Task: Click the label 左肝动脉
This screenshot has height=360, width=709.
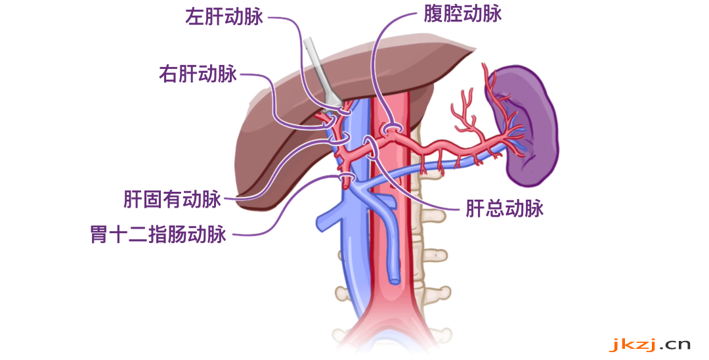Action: click(225, 16)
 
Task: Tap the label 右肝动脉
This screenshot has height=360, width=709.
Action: click(198, 74)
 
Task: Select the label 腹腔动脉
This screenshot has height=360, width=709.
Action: click(463, 14)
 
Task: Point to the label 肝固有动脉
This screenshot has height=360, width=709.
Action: click(172, 199)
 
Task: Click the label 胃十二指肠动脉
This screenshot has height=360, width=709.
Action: click(158, 235)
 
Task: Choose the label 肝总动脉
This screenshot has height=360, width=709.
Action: click(505, 208)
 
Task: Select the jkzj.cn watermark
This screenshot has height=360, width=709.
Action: click(650, 345)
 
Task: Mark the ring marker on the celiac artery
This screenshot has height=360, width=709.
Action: click(391, 129)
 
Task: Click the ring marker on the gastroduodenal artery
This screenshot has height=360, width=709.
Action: click(347, 177)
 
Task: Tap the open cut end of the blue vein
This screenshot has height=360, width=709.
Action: click(395, 280)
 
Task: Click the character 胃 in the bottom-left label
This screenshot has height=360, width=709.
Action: click(100, 235)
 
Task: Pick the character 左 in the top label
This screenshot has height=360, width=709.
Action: click(195, 16)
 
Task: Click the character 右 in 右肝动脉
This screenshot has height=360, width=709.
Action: click(169, 74)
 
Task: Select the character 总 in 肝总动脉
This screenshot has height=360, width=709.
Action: click(495, 208)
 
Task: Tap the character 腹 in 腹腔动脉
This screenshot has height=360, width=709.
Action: click(433, 14)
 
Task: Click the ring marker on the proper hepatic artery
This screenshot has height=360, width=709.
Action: click(339, 137)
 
